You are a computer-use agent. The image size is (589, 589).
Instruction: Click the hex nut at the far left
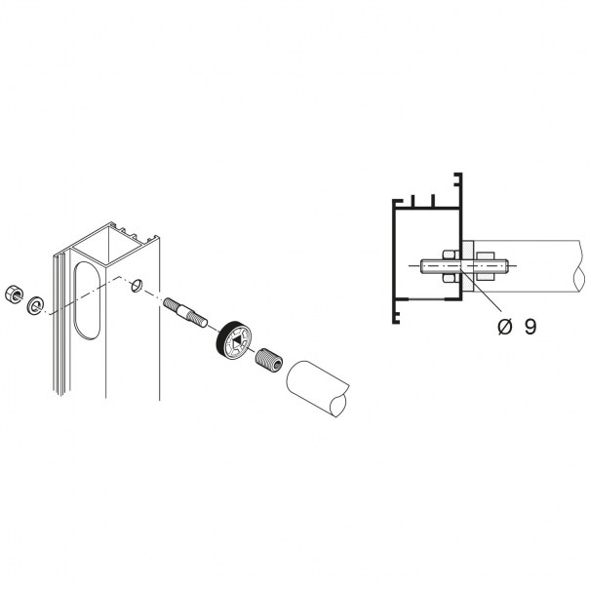14,294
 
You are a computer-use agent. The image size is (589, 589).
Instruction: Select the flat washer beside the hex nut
35,305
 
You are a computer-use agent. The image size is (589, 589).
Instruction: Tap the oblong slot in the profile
87,300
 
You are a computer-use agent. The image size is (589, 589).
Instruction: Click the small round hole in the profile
136,286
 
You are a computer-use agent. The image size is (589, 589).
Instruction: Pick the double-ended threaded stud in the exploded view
185,312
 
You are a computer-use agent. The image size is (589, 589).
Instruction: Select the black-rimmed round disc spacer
233,340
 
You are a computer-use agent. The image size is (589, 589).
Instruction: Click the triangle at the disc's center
237,342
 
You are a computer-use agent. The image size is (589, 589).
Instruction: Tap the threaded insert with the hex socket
269,360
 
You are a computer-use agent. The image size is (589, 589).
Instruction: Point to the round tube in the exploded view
318,388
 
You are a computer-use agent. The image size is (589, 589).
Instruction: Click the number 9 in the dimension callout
530,327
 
